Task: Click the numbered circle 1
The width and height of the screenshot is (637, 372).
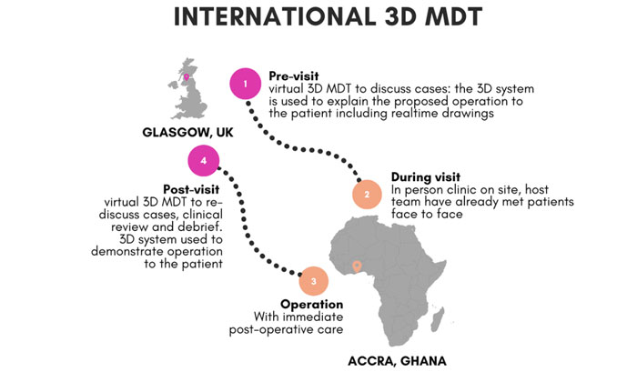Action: (244, 85)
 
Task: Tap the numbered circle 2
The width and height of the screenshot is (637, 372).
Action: (366, 194)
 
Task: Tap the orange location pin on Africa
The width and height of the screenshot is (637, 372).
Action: (357, 266)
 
